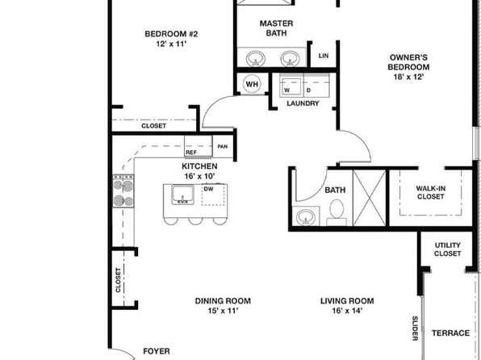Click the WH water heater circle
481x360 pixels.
coord(252,84)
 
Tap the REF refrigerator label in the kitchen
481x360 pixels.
coord(191,153)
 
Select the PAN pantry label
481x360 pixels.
coord(223,147)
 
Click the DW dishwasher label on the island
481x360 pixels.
coord(208,189)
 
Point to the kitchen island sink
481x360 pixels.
coord(182,195)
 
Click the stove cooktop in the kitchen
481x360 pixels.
coord(123,190)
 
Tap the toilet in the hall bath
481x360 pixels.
coord(337,212)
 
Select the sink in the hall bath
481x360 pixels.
coord(306,216)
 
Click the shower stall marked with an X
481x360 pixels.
coord(370,198)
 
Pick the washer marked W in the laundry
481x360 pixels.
coord(291,85)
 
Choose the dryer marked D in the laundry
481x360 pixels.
coord(316,85)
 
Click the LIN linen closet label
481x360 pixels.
coord(324,56)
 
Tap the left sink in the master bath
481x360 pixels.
coord(256,58)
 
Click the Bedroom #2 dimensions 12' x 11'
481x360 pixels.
coord(171,44)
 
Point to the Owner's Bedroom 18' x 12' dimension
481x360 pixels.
coord(408,77)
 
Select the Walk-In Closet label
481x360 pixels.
coord(431,192)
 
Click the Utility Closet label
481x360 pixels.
coord(448,249)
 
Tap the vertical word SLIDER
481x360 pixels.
coord(415,329)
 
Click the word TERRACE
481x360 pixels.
coord(450,333)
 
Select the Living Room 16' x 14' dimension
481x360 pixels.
coord(347,311)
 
